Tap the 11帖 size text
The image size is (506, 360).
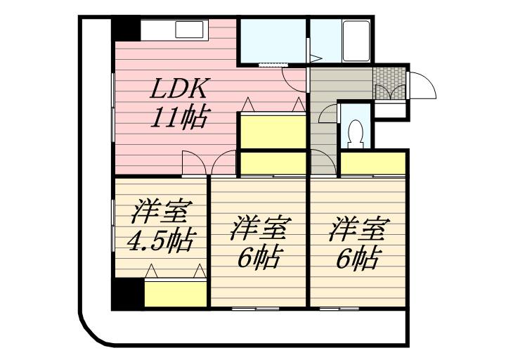click(178, 117)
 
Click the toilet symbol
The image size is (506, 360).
click(355, 134)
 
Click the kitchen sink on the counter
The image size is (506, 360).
click(188, 30)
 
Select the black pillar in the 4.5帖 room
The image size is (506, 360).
click(127, 294)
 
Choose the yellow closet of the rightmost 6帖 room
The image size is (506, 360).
click(373, 163)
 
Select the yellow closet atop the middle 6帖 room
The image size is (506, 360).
click(272, 164)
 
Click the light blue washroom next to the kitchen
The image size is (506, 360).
click(272, 41)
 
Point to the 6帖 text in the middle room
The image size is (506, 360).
click(258, 257)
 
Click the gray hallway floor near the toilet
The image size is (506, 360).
click(323, 134)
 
